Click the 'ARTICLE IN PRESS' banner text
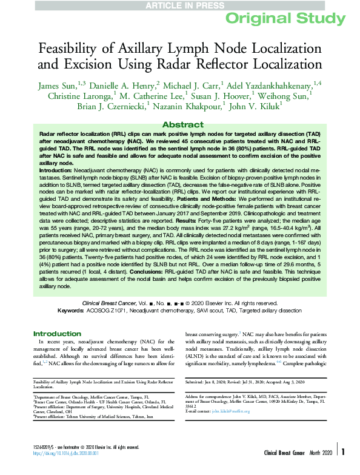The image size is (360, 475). [179, 5]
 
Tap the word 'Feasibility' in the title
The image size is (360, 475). [72, 48]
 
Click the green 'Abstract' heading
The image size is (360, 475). [179, 123]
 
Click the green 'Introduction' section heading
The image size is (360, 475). [57, 334]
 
